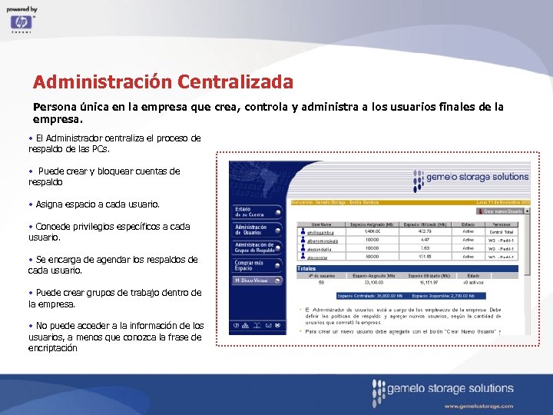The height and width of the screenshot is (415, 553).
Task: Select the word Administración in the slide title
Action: tap(102, 81)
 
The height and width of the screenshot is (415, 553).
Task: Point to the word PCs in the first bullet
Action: tap(100, 149)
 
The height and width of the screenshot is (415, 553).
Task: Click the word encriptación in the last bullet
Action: tap(53, 348)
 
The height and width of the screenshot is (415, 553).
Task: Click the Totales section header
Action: tap(309, 268)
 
